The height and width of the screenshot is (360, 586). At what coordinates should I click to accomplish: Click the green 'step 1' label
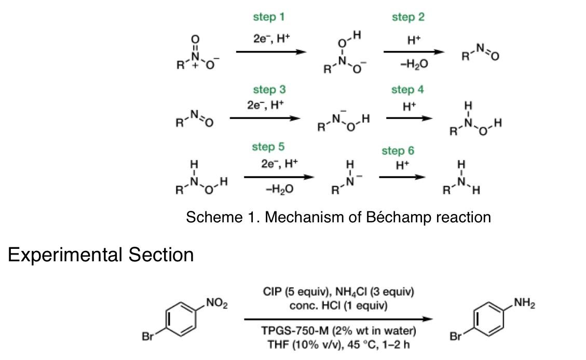pyautogui.click(x=268, y=17)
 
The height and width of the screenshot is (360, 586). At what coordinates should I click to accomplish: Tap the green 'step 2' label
pyautogui.click(x=408, y=17)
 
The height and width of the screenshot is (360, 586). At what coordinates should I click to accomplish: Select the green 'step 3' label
pyautogui.click(x=268, y=90)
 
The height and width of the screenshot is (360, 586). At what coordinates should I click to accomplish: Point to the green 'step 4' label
pyautogui.click(x=407, y=90)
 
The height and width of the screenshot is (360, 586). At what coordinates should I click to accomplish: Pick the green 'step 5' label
pyautogui.click(x=268, y=147)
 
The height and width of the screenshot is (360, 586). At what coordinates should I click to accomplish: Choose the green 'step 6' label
pyautogui.click(x=398, y=151)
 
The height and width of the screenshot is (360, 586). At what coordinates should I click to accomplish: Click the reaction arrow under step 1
pyautogui.click(x=269, y=52)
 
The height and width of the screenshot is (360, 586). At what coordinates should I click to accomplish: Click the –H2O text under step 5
pyautogui.click(x=279, y=190)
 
